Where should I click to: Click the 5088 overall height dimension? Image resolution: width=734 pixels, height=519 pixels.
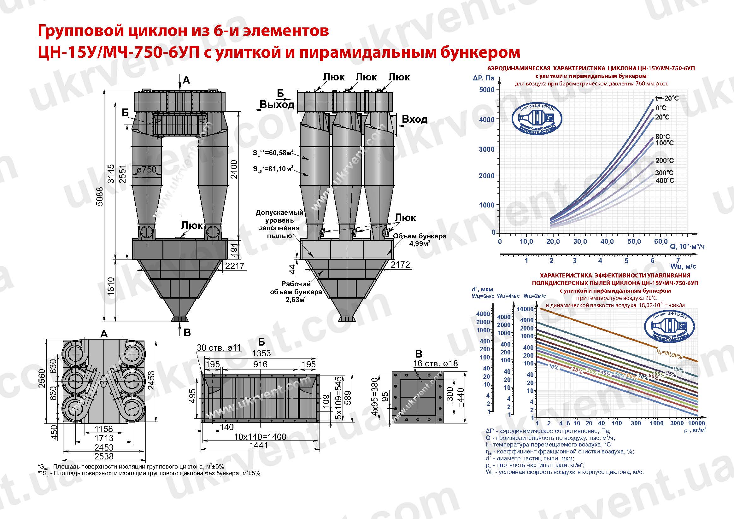tap(100, 196)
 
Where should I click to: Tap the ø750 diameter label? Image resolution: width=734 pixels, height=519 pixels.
tap(147, 169)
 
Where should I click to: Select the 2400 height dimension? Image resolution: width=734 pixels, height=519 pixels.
tap(234, 169)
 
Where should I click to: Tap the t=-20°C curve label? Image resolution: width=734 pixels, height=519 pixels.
tap(667, 98)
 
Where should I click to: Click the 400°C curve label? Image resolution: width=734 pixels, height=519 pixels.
tap(665, 181)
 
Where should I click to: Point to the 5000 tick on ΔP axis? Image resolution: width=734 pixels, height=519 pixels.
tap(487, 90)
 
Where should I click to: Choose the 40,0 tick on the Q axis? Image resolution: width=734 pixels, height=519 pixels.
tap(607, 242)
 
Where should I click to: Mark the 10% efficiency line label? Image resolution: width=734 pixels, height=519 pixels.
tap(553, 367)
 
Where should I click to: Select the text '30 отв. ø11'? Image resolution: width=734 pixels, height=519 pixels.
tap(219, 348)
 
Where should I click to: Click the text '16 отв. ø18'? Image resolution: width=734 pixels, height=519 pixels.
tap(435, 363)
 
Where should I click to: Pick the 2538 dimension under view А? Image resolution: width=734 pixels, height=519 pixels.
tap(104, 456)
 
